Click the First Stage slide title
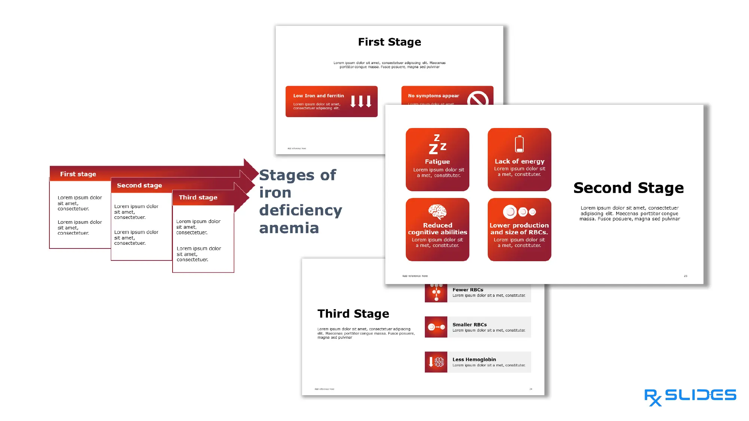(389, 42)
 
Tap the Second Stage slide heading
(628, 188)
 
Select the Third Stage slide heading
(353, 314)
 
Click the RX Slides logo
(690, 396)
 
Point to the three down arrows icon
(360, 101)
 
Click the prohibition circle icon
(477, 99)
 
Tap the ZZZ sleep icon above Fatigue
(437, 144)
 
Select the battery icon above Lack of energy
(519, 144)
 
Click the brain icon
(437, 212)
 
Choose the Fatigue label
(437, 162)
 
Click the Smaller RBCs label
(469, 324)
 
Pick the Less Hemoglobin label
(474, 359)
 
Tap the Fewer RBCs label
(468, 290)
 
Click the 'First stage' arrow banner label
(78, 174)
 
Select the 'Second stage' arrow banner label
(139, 185)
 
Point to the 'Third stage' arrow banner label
(198, 197)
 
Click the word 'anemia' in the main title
(289, 228)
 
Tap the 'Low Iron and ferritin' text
(318, 96)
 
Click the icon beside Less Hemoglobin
(436, 362)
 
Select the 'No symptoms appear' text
(433, 96)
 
